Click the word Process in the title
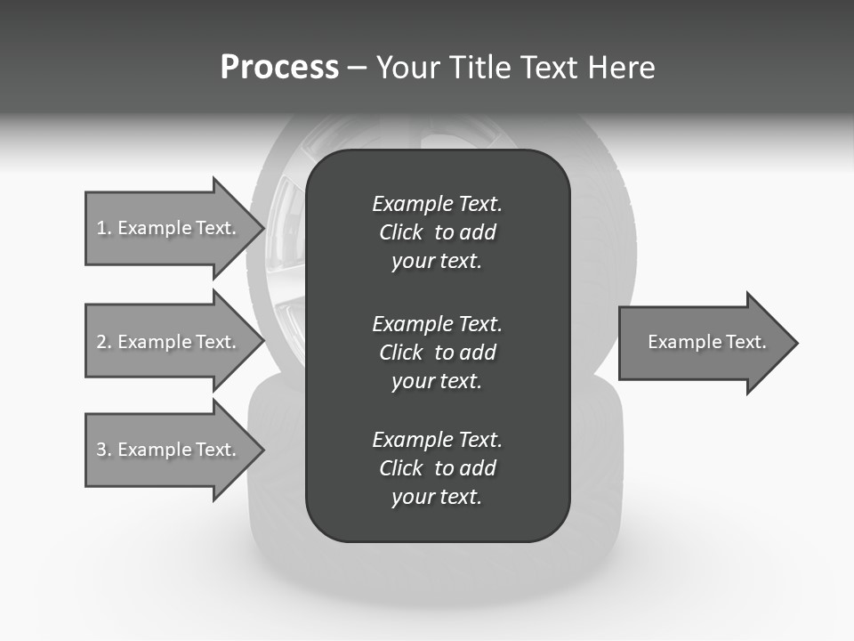(x=279, y=68)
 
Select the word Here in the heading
(x=622, y=68)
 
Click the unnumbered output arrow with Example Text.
(x=706, y=343)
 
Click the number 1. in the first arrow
(x=103, y=228)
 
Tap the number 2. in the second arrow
(x=103, y=342)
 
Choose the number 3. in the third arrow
(x=103, y=450)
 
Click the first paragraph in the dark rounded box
(x=437, y=232)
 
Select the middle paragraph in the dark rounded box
(x=437, y=352)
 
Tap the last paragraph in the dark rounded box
(x=437, y=468)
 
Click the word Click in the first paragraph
(x=400, y=232)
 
